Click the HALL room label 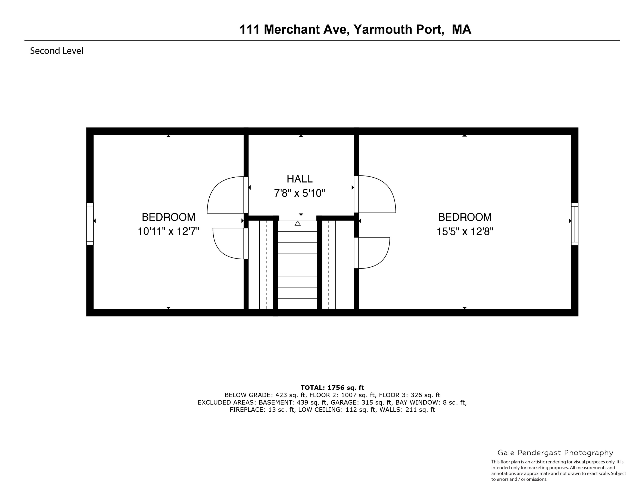click(299, 179)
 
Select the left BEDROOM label click(168, 217)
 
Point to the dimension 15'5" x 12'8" click(465, 232)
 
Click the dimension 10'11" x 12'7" click(168, 232)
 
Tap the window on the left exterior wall click(90, 224)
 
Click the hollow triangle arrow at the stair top click(298, 223)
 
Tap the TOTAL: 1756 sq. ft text click(332, 388)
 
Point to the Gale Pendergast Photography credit click(555, 453)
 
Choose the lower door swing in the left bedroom click(229, 243)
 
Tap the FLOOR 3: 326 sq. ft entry click(409, 395)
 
